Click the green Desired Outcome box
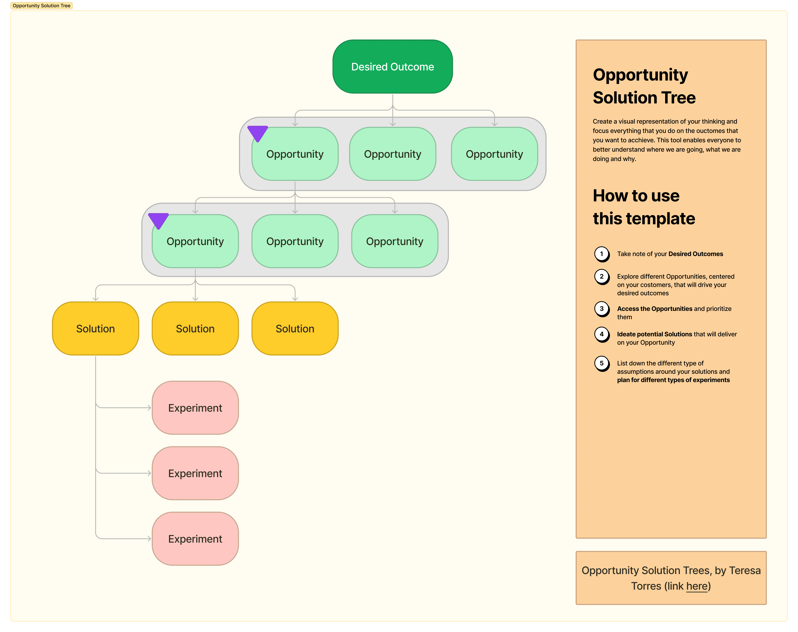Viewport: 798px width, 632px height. [392, 67]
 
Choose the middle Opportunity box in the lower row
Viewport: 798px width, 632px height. [295, 241]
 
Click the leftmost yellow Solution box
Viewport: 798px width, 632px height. [95, 329]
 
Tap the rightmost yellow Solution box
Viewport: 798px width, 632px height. [295, 329]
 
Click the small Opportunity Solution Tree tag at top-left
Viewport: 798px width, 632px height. [41, 6]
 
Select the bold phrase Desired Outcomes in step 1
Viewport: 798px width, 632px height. [696, 254]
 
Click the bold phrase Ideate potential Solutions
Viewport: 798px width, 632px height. [654, 334]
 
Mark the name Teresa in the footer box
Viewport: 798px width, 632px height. [744, 571]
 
